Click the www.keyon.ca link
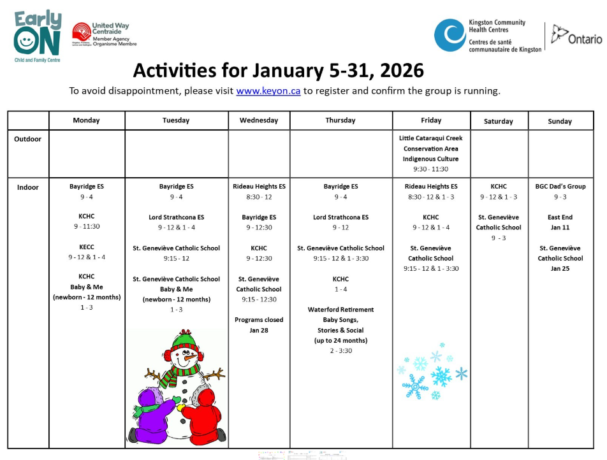pos(268,90)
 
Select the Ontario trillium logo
pos(559,33)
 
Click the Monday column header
pos(86,120)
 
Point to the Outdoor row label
pos(27,139)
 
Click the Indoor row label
pos(27,187)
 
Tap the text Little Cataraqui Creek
pos(430,138)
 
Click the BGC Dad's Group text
pos(560,187)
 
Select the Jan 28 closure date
pos(259,330)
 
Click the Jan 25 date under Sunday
pos(560,269)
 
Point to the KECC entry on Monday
pos(86,247)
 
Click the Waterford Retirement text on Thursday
pos(340,310)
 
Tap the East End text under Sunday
pos(560,217)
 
